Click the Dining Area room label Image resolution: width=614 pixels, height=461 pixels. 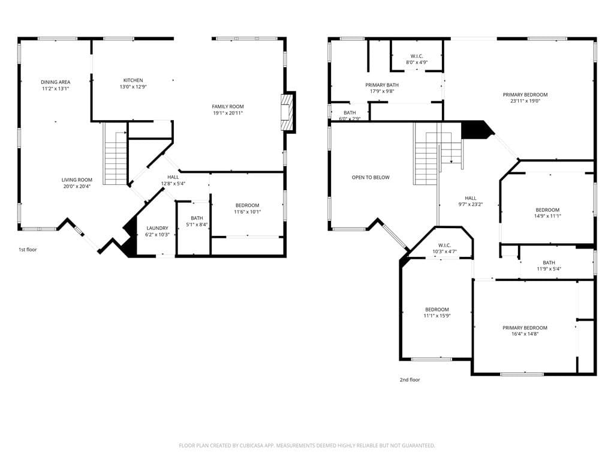click(55, 82)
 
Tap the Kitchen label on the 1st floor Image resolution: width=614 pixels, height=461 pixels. click(133, 80)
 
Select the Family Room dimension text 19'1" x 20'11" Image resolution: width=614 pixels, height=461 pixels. click(228, 113)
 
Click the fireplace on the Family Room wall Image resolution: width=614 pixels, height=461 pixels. click(288, 112)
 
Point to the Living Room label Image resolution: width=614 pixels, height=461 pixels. click(77, 179)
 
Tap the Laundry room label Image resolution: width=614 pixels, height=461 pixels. click(157, 228)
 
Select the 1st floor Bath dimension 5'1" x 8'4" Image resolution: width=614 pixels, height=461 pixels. click(197, 224)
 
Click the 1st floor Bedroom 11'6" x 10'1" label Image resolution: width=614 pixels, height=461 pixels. click(246, 205)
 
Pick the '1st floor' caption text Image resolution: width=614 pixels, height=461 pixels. click(28, 249)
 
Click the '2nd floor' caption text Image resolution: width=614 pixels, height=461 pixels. click(410, 379)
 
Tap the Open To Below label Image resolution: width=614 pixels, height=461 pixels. click(371, 177)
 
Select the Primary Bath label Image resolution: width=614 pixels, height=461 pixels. click(382, 85)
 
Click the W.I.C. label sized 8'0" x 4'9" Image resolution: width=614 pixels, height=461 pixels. click(417, 56)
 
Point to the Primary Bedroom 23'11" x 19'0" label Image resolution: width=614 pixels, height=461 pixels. click(525, 95)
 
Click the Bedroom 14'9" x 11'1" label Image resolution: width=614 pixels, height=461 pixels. click(547, 209)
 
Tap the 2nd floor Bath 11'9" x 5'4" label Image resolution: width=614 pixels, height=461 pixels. click(549, 262)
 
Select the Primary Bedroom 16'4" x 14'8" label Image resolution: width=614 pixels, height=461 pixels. click(525, 328)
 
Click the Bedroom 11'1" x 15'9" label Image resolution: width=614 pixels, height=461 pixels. click(437, 310)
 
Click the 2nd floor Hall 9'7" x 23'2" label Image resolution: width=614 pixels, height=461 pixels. click(470, 198)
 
